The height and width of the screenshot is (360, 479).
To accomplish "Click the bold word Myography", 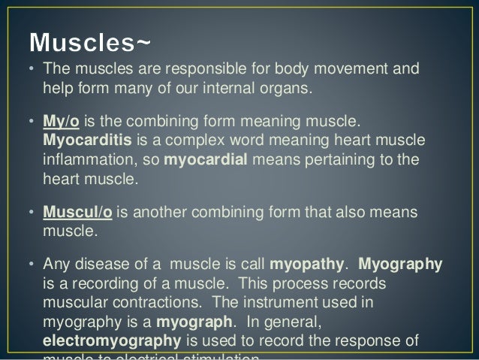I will point(401,265).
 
